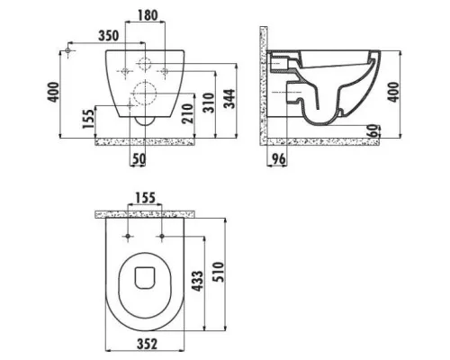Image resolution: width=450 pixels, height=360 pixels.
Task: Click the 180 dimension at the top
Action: [148, 15]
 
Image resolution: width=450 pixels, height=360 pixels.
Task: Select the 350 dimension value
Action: [109, 35]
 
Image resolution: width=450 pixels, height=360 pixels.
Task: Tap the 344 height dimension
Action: [230, 99]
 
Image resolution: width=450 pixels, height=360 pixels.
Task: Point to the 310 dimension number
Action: [209, 103]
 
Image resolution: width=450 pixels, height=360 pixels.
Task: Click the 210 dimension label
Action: [188, 113]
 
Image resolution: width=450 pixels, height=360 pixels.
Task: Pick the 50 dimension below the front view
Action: [139, 159]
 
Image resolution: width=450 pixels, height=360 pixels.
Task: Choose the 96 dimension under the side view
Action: [279, 159]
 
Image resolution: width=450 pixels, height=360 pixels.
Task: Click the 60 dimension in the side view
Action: [373, 130]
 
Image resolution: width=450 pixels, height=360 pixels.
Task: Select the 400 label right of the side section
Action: [393, 92]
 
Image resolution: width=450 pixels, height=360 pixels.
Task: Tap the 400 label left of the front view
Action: [54, 92]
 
